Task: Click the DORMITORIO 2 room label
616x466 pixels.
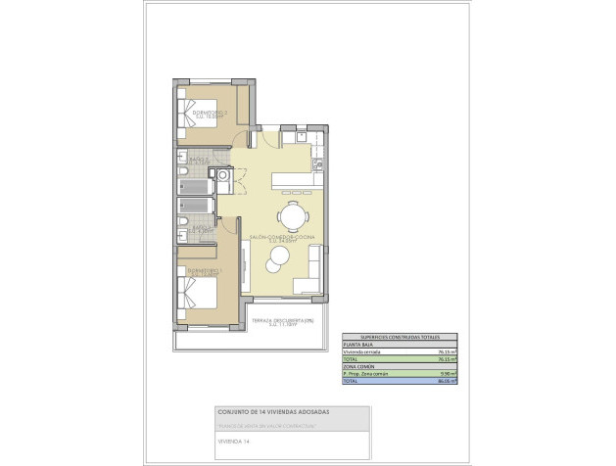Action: (210, 114)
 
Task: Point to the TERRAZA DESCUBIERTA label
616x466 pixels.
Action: (281, 322)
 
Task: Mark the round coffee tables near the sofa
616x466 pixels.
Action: (276, 256)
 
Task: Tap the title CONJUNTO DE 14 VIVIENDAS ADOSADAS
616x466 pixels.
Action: (273, 413)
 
